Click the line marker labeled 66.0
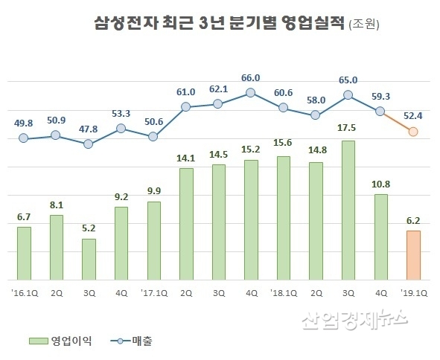pos(251,93)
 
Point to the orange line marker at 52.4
pos(413,132)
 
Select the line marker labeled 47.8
pos(89,144)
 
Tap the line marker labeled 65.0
pos(348,95)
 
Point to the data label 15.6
pos(283,144)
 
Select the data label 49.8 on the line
pos(24,123)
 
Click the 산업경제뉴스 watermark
pos(355,321)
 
